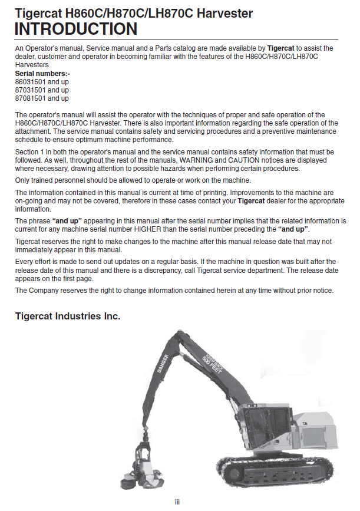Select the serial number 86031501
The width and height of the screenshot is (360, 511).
tap(30, 82)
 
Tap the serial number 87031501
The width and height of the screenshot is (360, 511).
tap(30, 90)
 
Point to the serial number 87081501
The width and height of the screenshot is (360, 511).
tap(30, 98)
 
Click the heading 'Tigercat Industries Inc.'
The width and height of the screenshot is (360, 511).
tap(68, 317)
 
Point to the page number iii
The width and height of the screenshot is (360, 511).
tap(177, 502)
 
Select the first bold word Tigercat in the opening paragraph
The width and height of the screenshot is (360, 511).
tap(282, 48)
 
